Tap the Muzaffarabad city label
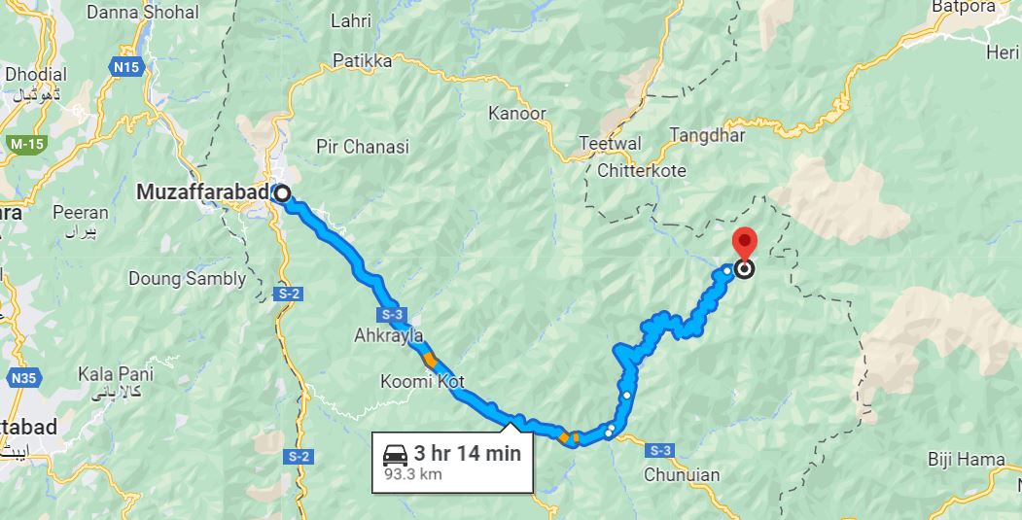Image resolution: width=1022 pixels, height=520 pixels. [x=203, y=192]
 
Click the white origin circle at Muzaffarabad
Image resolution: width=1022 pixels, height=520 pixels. [x=282, y=193]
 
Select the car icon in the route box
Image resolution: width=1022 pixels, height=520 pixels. [x=396, y=455]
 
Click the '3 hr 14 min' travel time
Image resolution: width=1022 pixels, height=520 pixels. [x=467, y=453]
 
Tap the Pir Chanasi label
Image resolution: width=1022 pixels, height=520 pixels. [x=363, y=148]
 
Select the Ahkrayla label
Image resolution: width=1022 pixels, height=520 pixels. [x=390, y=336]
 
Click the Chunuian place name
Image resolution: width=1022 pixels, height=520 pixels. [x=682, y=474]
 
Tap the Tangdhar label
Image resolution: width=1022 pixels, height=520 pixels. [x=707, y=136]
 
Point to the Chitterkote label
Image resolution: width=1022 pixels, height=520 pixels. [x=643, y=171]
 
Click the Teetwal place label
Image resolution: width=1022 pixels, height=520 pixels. [x=610, y=144]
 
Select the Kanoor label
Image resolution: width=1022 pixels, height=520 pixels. [x=517, y=114]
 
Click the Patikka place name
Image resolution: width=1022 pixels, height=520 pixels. [x=363, y=61]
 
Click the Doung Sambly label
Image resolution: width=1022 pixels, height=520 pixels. [x=188, y=279]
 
